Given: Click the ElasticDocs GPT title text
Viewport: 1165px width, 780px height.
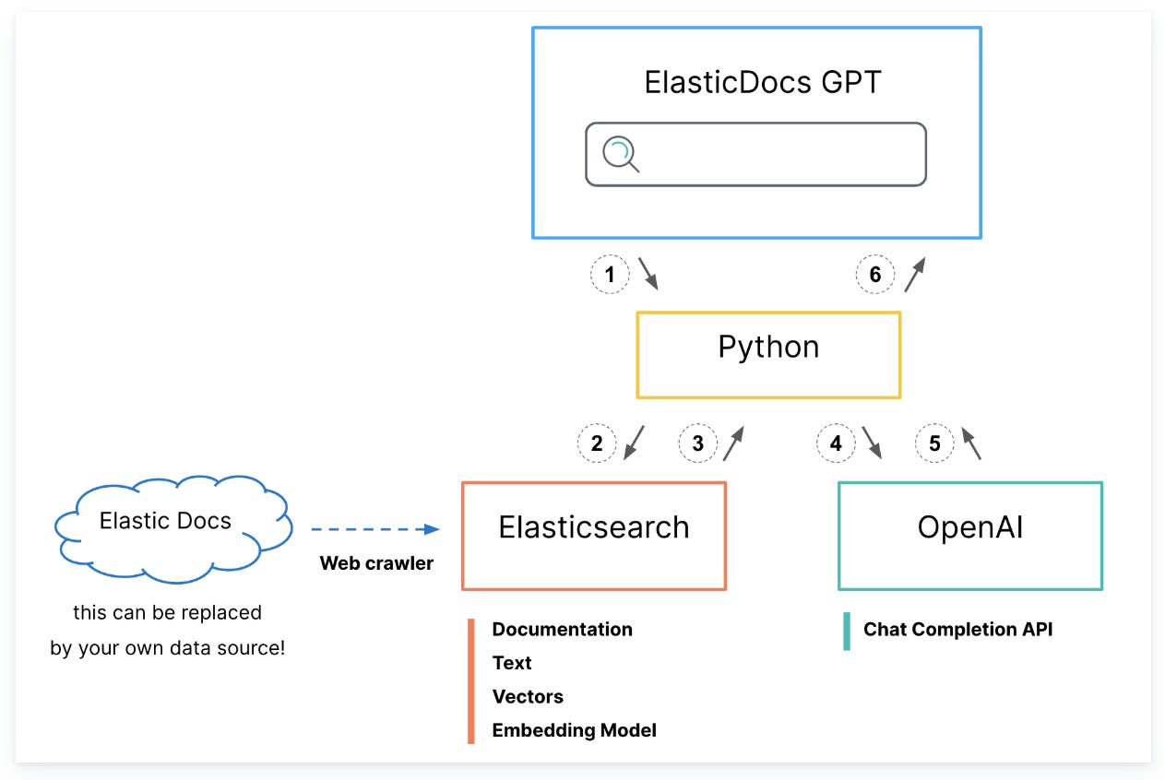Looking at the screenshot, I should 762,82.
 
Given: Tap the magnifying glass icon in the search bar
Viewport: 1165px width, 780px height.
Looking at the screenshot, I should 620,154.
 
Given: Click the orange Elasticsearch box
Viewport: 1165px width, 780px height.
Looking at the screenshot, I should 594,536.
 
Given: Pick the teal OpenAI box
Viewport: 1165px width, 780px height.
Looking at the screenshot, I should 969,536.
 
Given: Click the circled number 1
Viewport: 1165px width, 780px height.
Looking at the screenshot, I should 610,274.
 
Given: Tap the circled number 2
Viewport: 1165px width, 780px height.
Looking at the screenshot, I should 597,443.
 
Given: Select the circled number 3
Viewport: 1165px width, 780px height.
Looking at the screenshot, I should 697,443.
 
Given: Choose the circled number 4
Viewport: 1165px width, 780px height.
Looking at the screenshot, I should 836,443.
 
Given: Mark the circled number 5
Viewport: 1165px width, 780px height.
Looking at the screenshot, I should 934,443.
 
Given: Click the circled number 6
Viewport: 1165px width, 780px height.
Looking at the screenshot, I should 875,274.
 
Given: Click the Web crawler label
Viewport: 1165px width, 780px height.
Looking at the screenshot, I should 376,563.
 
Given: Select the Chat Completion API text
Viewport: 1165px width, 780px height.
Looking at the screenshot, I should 957,630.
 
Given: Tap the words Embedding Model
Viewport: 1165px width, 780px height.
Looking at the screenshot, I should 574,730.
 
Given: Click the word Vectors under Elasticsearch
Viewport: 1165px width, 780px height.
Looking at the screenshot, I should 528,697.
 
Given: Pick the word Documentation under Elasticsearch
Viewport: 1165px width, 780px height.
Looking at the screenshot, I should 562,630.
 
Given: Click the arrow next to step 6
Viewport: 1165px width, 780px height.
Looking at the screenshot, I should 914,274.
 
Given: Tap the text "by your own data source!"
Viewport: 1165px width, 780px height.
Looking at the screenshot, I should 167,648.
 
